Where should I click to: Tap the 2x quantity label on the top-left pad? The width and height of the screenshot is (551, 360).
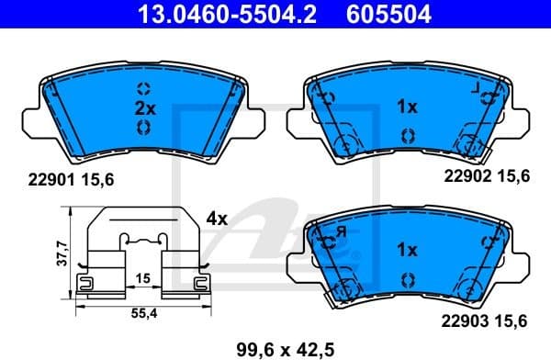(x=143, y=107)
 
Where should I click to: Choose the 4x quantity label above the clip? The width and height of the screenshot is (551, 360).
(x=217, y=220)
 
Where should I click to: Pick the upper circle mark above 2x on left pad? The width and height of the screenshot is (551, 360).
(x=143, y=88)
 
